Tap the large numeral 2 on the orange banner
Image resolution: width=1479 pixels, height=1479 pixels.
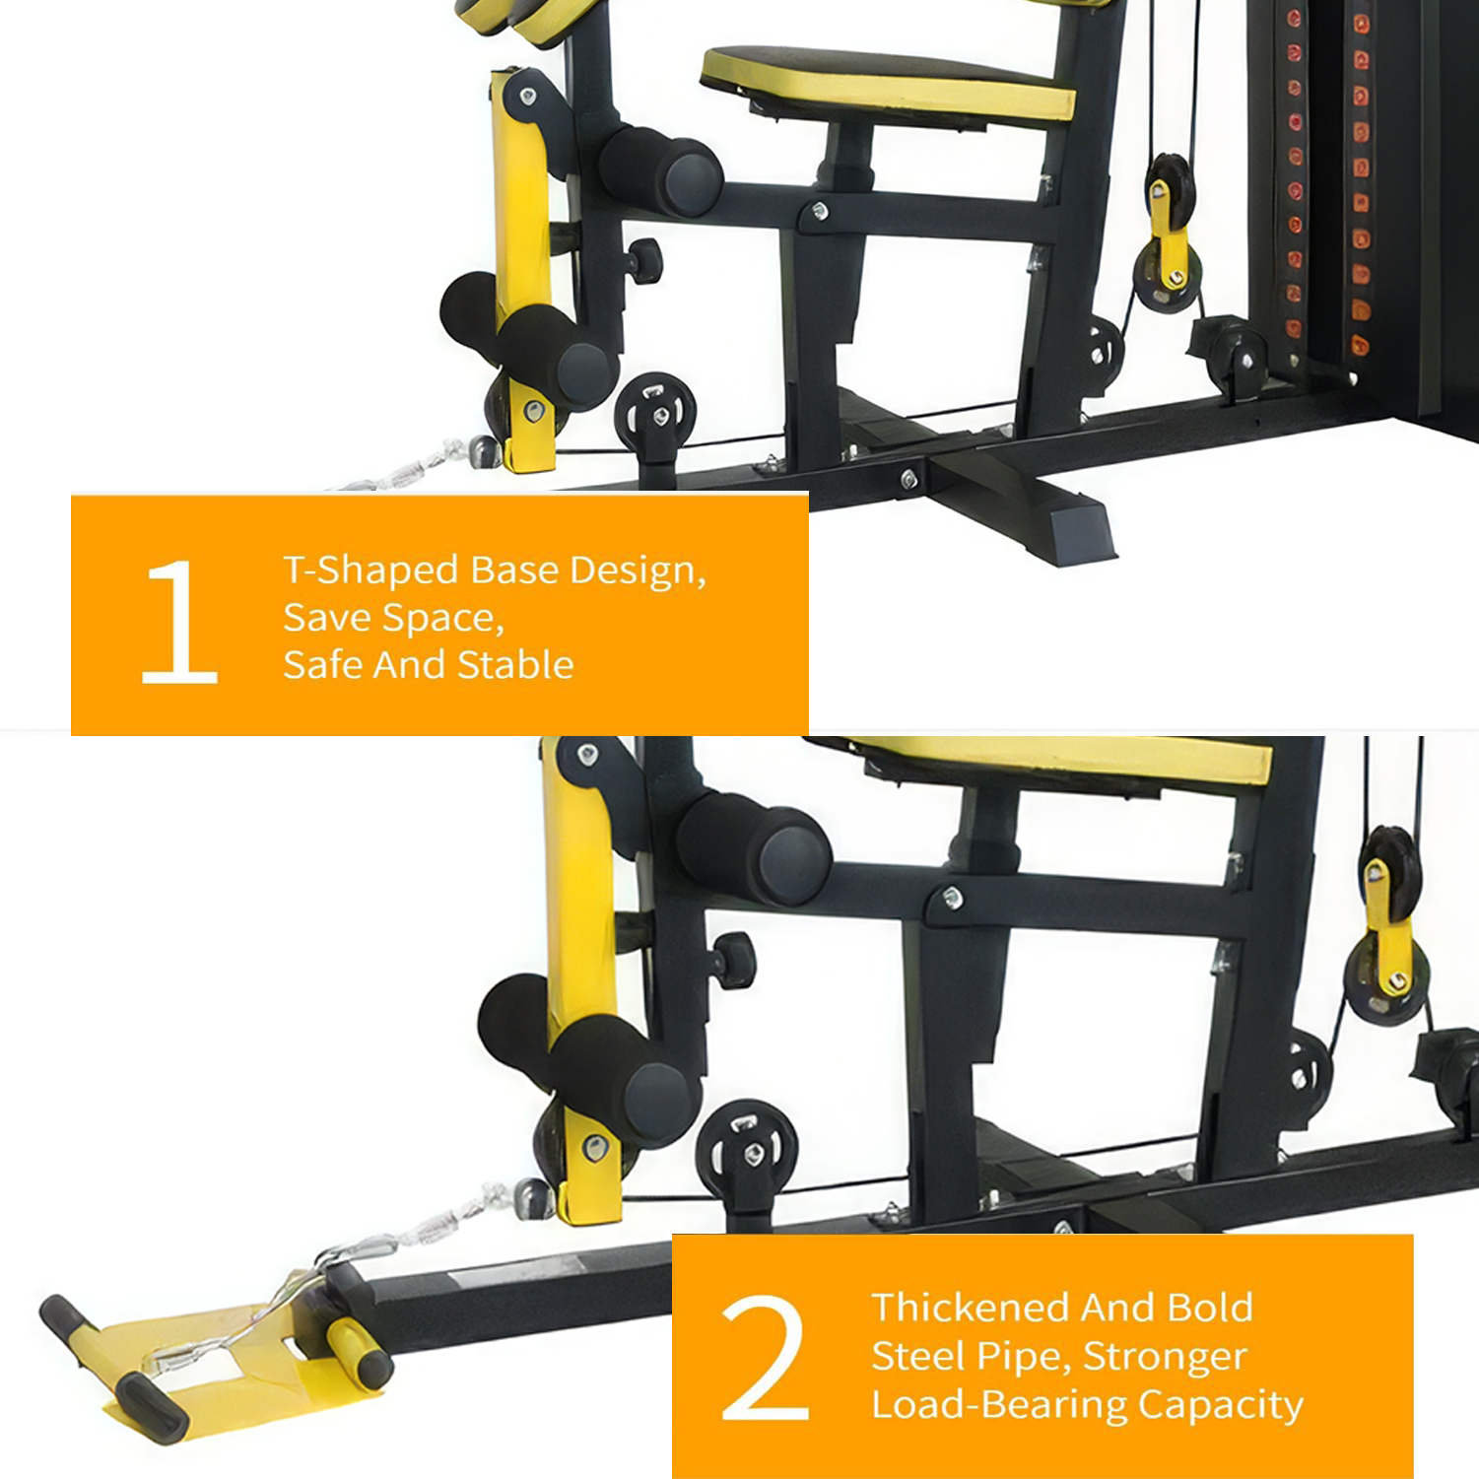coord(765,1358)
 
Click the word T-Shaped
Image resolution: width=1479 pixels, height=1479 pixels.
coord(371,571)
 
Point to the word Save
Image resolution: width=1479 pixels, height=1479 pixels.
coord(326,618)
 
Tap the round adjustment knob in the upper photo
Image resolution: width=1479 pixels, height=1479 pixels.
coord(646,259)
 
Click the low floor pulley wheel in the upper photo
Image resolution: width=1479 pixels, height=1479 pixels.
coord(655,414)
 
